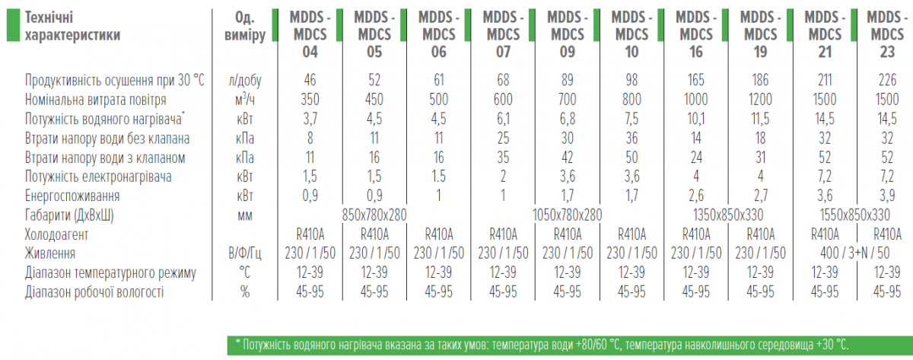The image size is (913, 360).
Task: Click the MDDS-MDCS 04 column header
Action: (310, 34)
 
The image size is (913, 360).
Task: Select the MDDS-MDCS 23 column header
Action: (887, 34)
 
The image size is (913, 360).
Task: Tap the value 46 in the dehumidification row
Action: (310, 80)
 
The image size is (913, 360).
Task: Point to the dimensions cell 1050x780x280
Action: (568, 215)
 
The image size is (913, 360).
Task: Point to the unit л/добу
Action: (245, 80)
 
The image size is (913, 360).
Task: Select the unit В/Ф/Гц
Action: (245, 253)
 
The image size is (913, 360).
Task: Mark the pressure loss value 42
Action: (568, 158)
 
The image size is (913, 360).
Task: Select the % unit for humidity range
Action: (245, 292)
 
